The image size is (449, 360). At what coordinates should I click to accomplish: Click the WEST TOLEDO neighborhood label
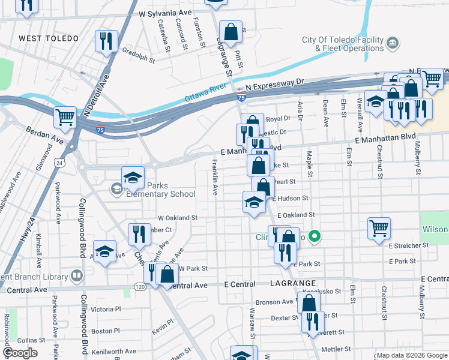[x=49, y=38]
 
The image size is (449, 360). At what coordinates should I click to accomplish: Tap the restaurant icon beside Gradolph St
[x=106, y=41]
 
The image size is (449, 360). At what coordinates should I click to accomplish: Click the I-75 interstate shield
[x=241, y=97]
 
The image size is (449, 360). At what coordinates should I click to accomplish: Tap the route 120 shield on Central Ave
[x=140, y=287]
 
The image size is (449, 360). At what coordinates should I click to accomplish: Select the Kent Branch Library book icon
[x=76, y=275]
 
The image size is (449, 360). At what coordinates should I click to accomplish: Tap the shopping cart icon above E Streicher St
[x=379, y=228]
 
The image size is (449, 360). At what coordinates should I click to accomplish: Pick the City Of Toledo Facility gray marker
[x=393, y=43]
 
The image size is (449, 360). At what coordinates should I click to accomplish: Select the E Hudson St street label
[x=290, y=198]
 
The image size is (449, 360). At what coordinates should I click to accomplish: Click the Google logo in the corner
[x=20, y=353]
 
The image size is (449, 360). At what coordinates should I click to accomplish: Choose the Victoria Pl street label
[x=106, y=309]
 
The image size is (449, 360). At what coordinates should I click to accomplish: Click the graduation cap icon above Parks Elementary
[x=133, y=177]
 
